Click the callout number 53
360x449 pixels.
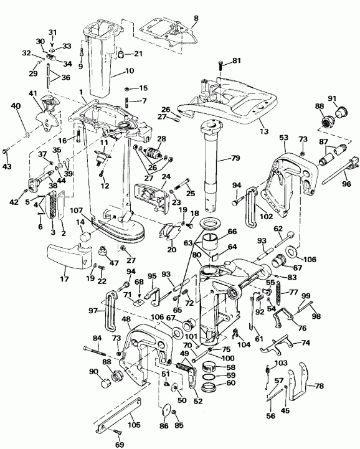[x=283, y=137]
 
